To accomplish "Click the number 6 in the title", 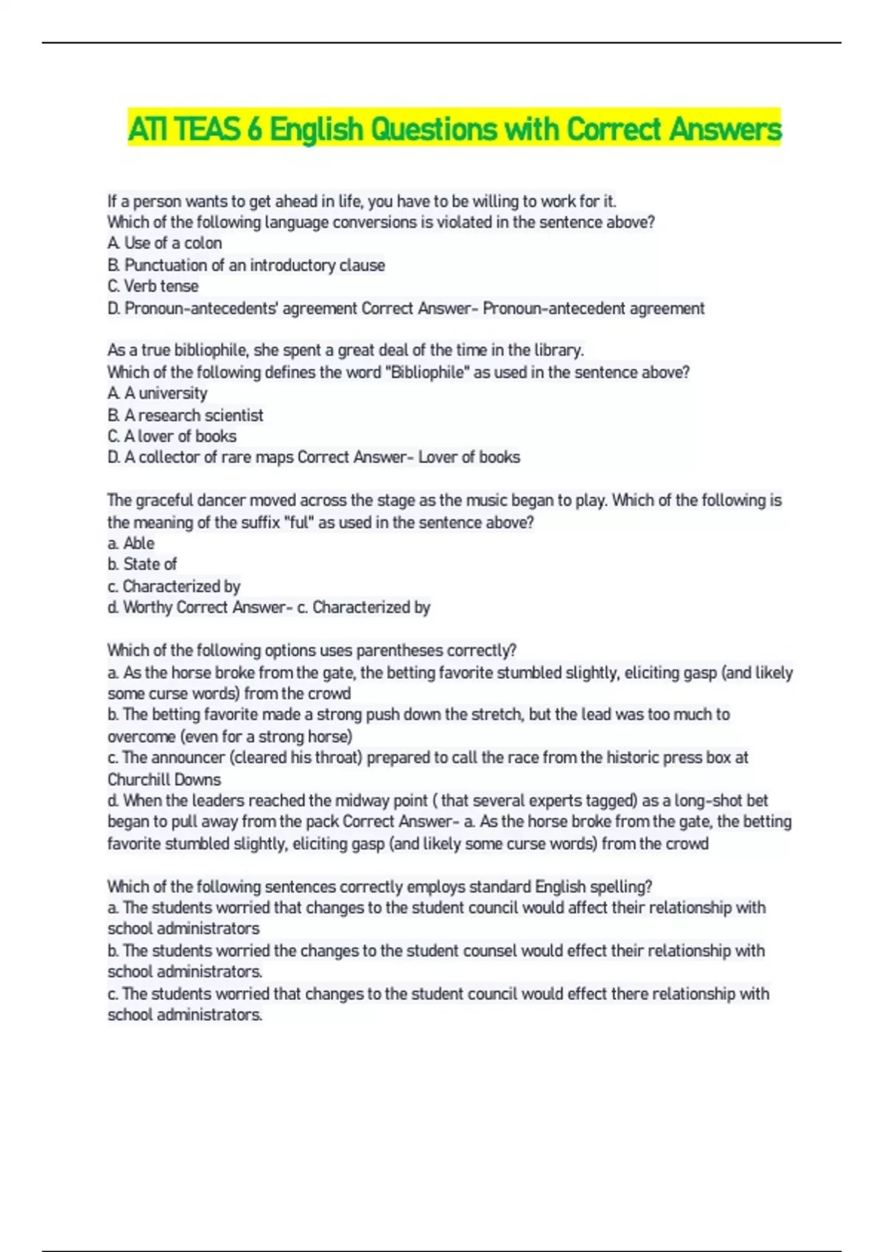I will pyautogui.click(x=253, y=130).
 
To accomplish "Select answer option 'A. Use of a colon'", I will pyautogui.click(x=164, y=243).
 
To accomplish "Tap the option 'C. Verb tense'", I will pyautogui.click(x=152, y=286).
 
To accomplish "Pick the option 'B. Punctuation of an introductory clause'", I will pyautogui.click(x=246, y=265).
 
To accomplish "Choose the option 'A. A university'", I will pyautogui.click(x=157, y=393).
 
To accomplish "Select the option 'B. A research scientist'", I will pyautogui.click(x=185, y=415).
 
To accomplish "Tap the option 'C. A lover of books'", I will pyautogui.click(x=172, y=436).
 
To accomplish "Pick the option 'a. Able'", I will pyautogui.click(x=130, y=544).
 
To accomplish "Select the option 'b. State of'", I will pyautogui.click(x=141, y=564).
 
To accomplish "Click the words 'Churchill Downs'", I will pyautogui.click(x=164, y=779).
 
